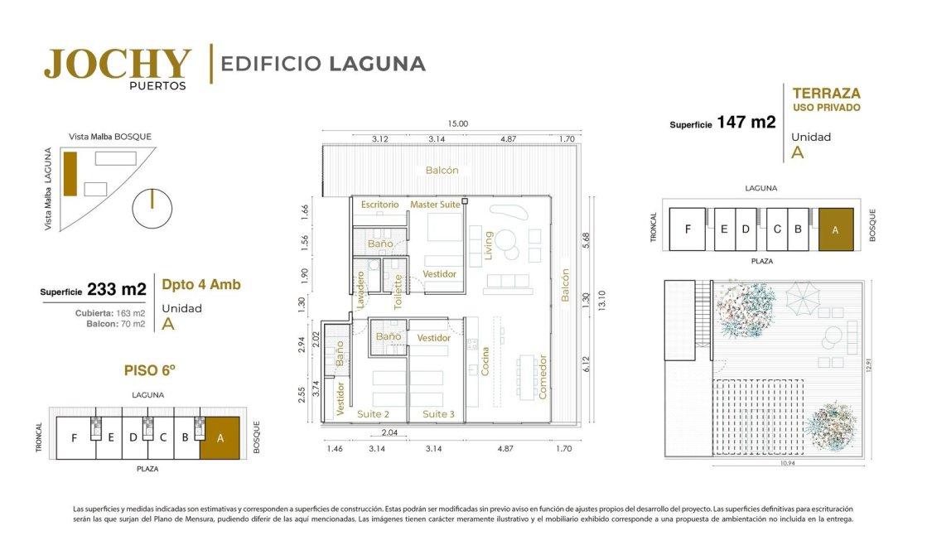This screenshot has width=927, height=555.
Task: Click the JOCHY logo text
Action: (118, 64)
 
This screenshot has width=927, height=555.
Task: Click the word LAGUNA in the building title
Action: (377, 64)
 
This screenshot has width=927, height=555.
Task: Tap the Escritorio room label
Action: (379, 205)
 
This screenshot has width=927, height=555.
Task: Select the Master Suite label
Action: (435, 205)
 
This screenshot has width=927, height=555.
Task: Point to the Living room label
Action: (489, 245)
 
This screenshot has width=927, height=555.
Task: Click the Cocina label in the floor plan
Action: (485, 361)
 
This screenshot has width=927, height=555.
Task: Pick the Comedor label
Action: (543, 377)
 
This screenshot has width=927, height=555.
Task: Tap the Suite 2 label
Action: (373, 414)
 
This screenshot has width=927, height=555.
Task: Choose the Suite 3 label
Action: (439, 414)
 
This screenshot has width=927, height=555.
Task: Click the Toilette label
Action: (398, 292)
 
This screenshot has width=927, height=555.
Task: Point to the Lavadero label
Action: (360, 290)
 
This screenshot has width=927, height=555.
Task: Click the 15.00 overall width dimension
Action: (457, 123)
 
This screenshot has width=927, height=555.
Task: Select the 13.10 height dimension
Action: (601, 300)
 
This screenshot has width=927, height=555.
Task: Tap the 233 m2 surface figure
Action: (117, 289)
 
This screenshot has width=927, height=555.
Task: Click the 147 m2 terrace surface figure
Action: (746, 122)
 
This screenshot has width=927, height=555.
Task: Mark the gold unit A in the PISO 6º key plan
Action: (220, 438)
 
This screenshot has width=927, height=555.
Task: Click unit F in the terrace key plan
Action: (688, 229)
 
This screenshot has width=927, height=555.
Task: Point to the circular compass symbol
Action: (152, 209)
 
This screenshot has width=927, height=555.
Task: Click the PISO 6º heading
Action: (150, 370)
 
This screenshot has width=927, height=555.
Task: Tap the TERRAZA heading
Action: (827, 94)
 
